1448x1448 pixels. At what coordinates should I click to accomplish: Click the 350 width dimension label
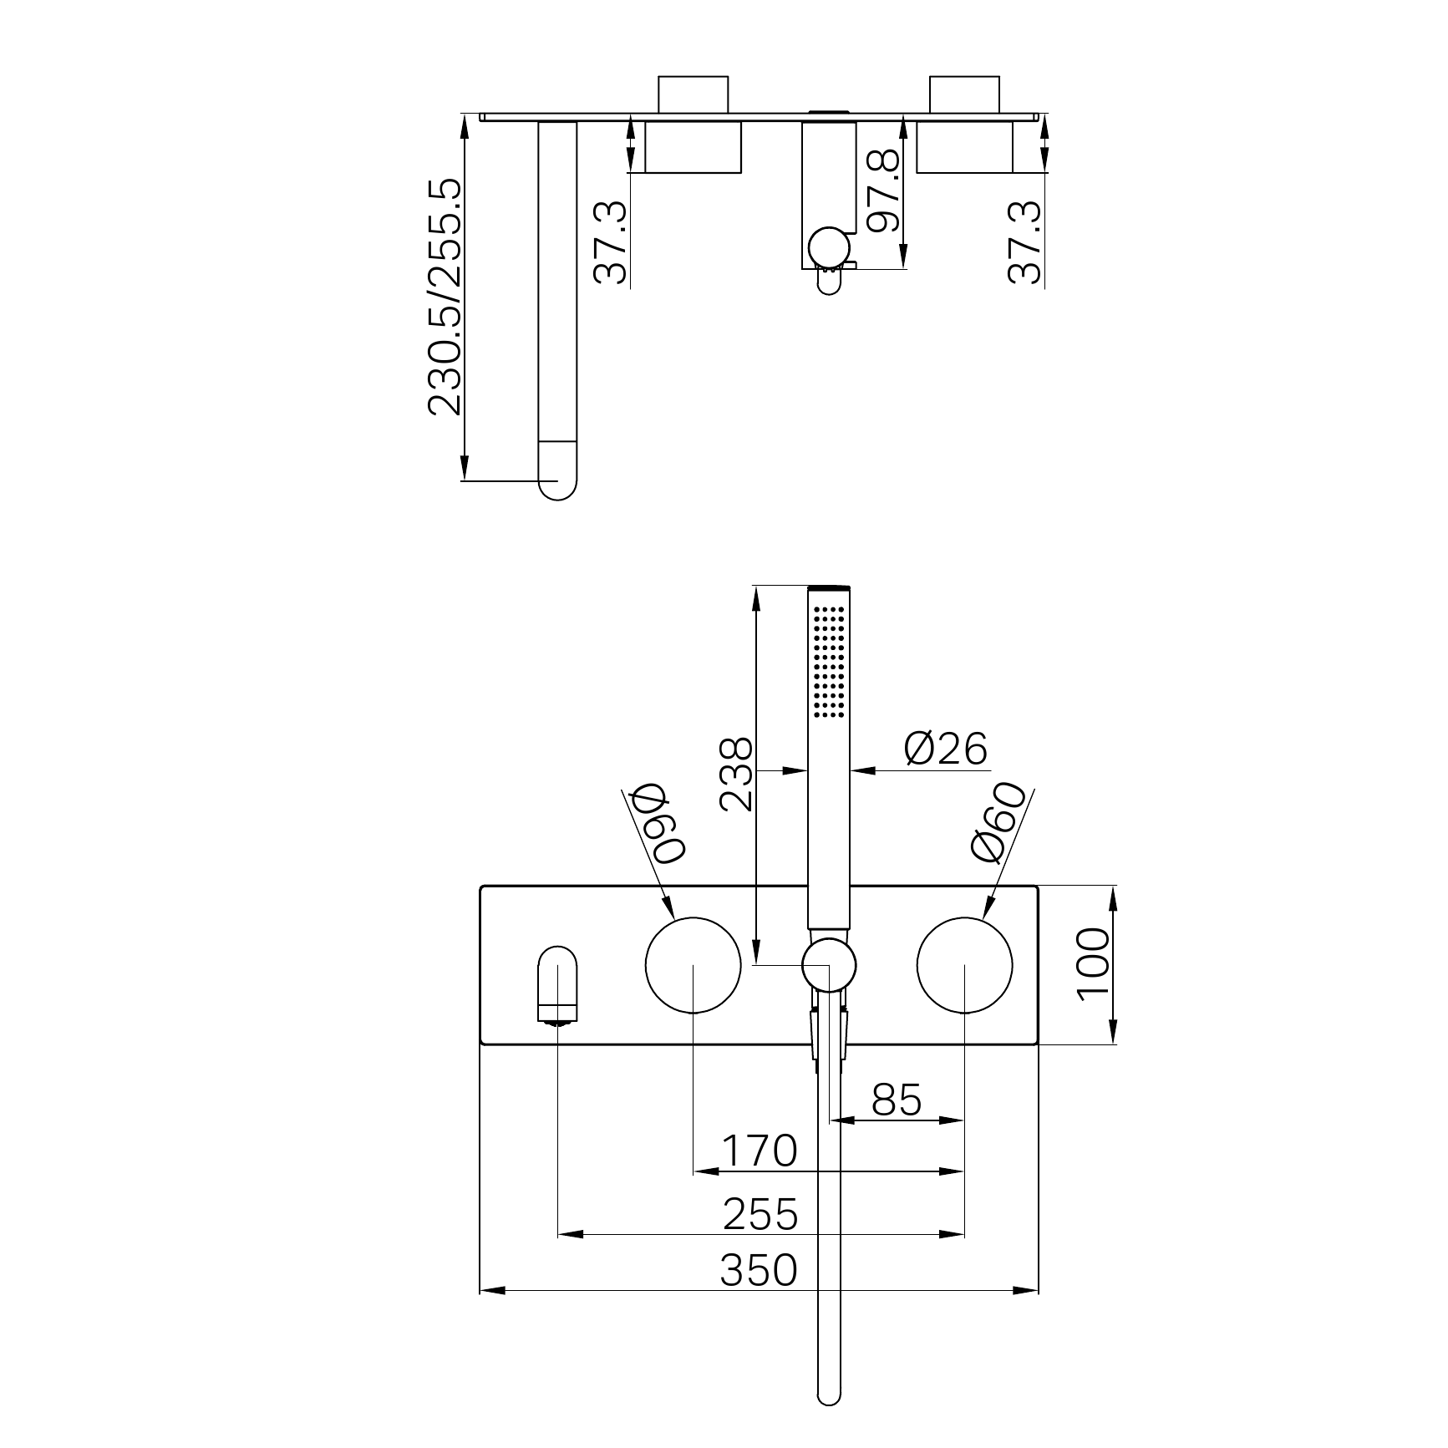[759, 1271]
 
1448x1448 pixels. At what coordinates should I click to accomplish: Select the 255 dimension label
[760, 1214]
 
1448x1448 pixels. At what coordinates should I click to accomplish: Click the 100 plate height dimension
[1094, 964]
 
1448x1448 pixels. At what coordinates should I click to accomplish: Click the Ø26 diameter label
[946, 749]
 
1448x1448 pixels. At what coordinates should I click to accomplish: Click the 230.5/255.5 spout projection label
[444, 297]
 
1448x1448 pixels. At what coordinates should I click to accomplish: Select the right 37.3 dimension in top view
[1025, 242]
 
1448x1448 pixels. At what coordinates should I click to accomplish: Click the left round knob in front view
[693, 964]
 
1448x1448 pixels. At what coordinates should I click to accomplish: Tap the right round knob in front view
[964, 964]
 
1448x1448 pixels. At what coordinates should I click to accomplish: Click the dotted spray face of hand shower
[829, 661]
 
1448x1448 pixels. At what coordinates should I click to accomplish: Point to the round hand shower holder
[829, 964]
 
